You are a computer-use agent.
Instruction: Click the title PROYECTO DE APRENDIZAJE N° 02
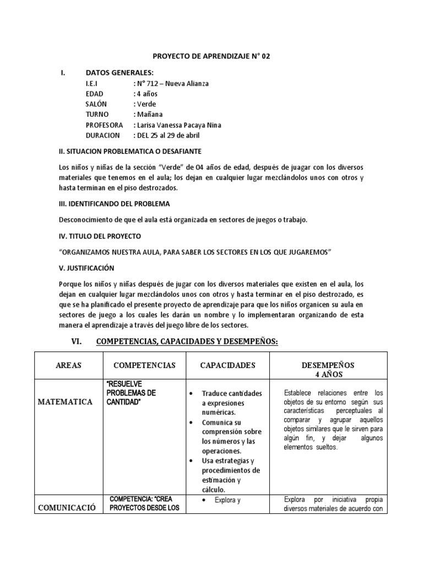[211, 56]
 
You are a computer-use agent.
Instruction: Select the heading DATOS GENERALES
[120, 73]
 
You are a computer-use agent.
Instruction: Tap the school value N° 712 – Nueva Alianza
[171, 83]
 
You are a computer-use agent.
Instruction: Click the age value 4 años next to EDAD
[147, 94]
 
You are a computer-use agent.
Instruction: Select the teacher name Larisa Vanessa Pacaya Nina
[177, 125]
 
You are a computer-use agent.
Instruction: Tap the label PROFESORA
[104, 125]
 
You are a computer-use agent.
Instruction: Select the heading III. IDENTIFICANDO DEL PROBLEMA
[115, 204]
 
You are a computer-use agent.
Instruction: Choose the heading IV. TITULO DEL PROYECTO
[100, 236]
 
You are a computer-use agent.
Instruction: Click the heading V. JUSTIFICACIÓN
[86, 268]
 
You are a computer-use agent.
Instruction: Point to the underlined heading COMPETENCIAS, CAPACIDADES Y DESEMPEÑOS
[187, 342]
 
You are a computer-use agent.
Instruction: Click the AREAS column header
[69, 365]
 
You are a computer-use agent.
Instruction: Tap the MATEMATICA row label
[65, 402]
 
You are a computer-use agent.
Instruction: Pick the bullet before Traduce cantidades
[191, 393]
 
